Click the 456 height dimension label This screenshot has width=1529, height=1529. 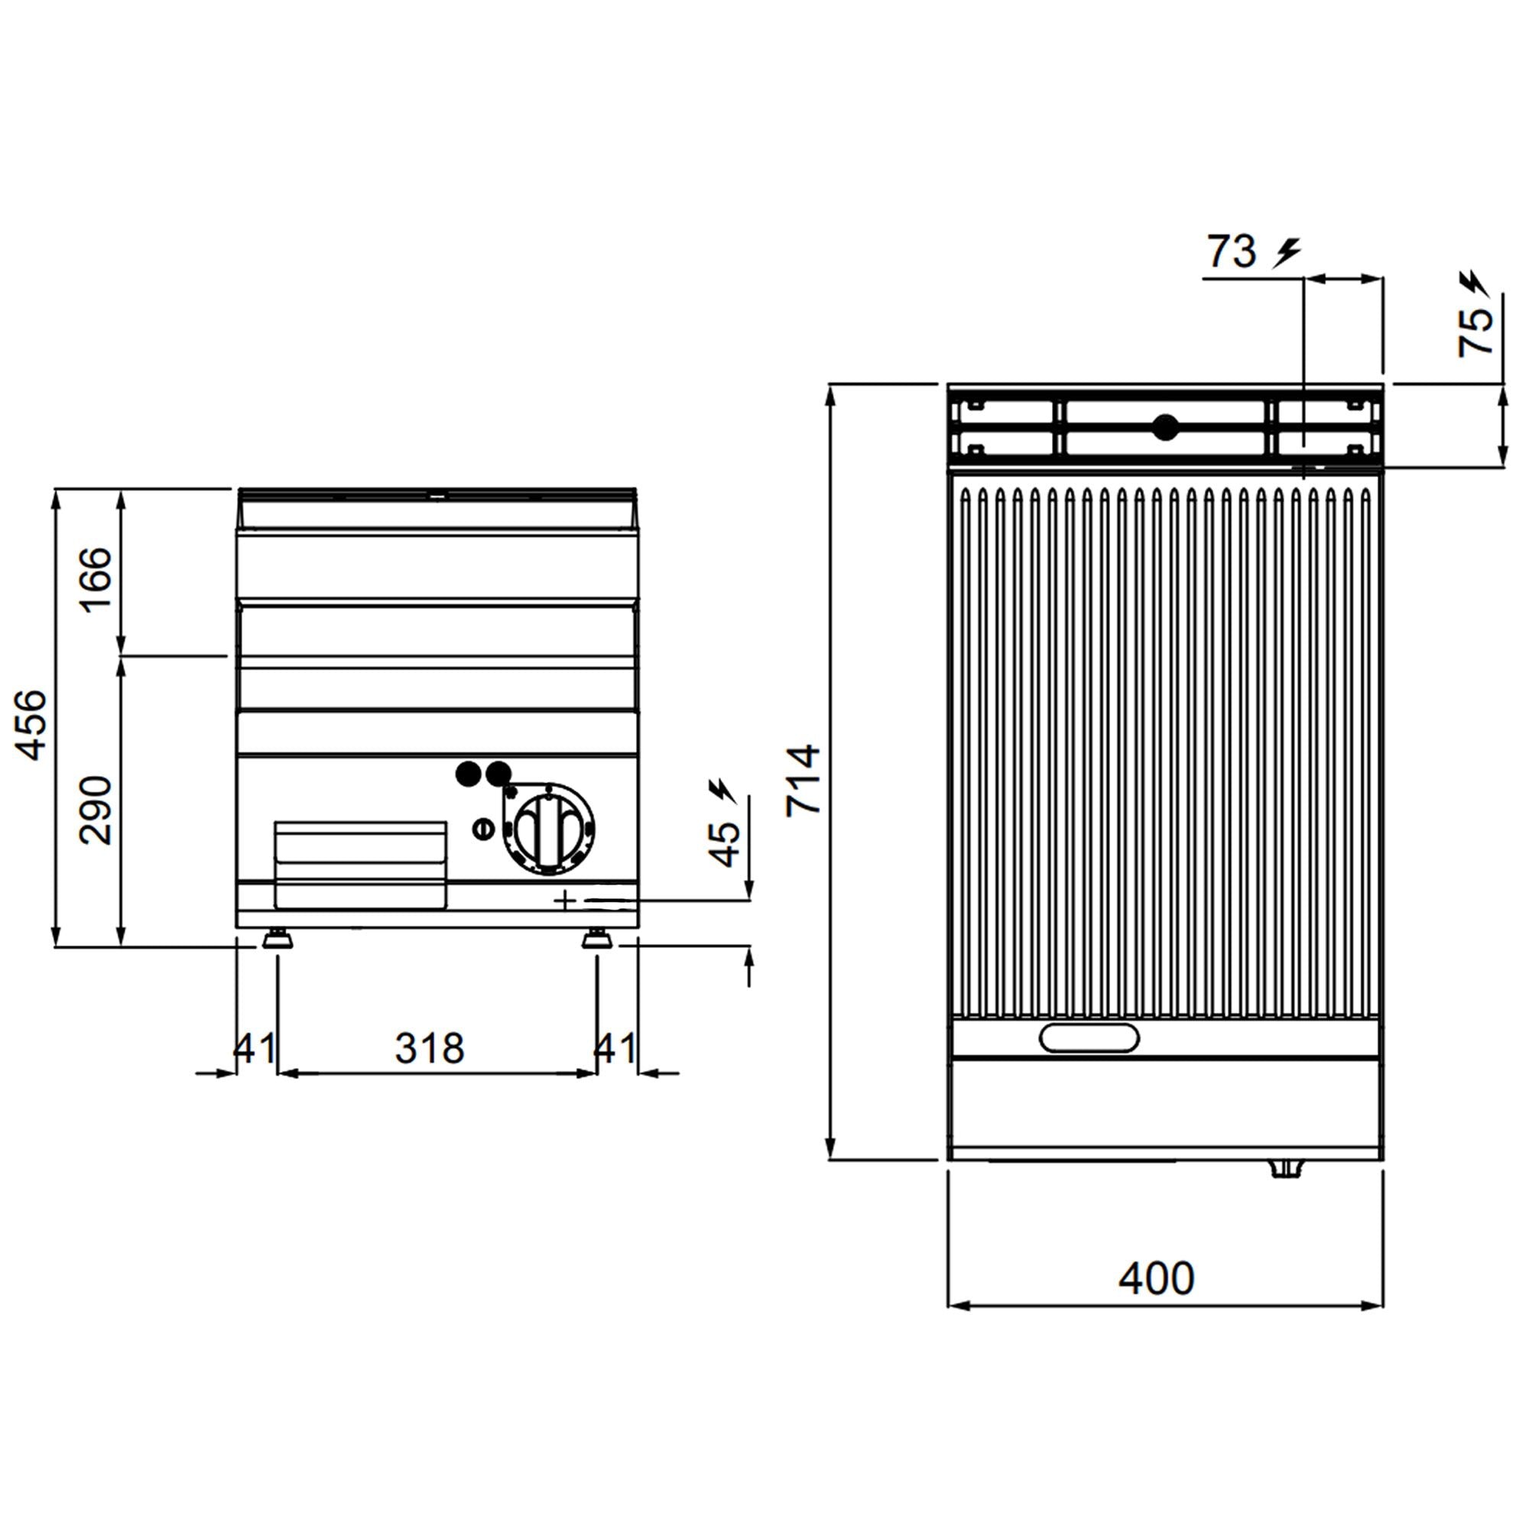pyautogui.click(x=31, y=725)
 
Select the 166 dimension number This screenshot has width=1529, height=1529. pyautogui.click(x=97, y=579)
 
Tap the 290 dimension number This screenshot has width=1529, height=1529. pyautogui.click(x=97, y=810)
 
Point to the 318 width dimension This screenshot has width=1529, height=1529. pyautogui.click(x=430, y=1049)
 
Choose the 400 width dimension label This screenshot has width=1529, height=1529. pyautogui.click(x=1156, y=1278)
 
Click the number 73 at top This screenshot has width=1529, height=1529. pyautogui.click(x=1232, y=252)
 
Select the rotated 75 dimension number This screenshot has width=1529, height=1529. pyautogui.click(x=1476, y=331)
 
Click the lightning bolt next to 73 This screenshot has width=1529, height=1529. pyautogui.click(x=1287, y=253)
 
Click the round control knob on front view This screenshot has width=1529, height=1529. pyautogui.click(x=549, y=829)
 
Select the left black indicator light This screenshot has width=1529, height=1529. pyautogui.click(x=469, y=774)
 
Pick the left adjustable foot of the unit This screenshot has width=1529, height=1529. pyautogui.click(x=276, y=940)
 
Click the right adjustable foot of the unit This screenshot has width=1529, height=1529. pyautogui.click(x=596, y=940)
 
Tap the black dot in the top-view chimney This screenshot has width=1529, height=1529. pyautogui.click(x=1165, y=427)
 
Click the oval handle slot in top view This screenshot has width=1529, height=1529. pyautogui.click(x=1089, y=1037)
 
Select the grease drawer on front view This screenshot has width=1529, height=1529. pyautogui.click(x=360, y=863)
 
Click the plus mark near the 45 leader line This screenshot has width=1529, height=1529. pyautogui.click(x=563, y=900)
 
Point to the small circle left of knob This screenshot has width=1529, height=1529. pyautogui.click(x=482, y=829)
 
